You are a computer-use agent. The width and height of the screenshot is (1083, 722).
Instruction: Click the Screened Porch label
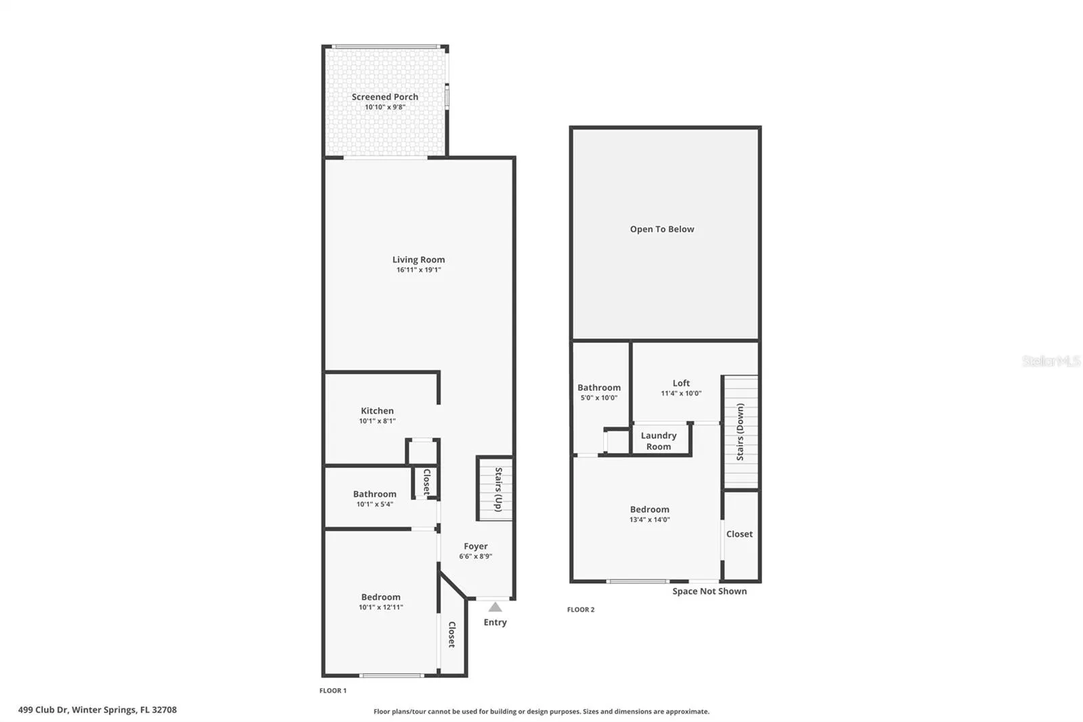[385, 97]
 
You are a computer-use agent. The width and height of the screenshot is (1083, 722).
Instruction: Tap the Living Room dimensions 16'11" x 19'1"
[419, 270]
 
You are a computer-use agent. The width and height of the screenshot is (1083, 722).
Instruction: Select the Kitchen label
[377, 410]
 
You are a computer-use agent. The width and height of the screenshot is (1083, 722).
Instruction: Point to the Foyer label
[476, 547]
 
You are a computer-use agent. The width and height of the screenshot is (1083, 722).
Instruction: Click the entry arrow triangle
[495, 608]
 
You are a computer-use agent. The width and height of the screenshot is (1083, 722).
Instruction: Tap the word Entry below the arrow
[495, 622]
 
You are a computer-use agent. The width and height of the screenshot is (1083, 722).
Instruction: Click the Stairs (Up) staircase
[495, 489]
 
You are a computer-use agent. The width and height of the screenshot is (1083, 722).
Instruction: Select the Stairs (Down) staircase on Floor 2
[741, 431]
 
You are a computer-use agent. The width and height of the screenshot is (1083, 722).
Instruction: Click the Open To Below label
[662, 230]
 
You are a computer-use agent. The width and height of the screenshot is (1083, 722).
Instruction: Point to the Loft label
[681, 383]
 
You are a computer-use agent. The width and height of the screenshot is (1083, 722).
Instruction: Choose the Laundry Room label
[659, 441]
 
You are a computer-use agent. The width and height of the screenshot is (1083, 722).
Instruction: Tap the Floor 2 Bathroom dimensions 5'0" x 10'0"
[599, 398]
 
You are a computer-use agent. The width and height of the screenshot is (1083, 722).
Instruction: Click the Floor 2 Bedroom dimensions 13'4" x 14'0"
[650, 519]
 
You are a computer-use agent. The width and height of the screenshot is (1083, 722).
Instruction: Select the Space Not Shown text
[709, 591]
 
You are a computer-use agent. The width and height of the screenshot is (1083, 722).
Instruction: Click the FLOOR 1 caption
[333, 691]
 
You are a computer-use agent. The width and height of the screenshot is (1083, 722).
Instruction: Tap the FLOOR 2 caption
[581, 610]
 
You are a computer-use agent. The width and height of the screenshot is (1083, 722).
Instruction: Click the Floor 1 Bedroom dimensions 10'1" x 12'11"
[381, 608]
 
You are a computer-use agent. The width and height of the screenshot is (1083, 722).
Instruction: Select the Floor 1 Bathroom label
[375, 494]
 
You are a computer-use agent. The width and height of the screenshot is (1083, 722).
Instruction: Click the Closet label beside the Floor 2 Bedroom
[739, 534]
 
